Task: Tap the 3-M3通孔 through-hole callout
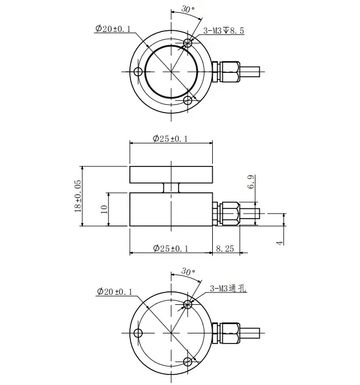click(230, 289)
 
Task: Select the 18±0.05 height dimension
click(78, 196)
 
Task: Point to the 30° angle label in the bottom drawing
click(189, 272)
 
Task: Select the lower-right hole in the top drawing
click(189, 101)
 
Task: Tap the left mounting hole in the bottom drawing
click(138, 333)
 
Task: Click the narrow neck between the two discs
click(170, 188)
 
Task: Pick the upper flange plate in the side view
click(170, 175)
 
